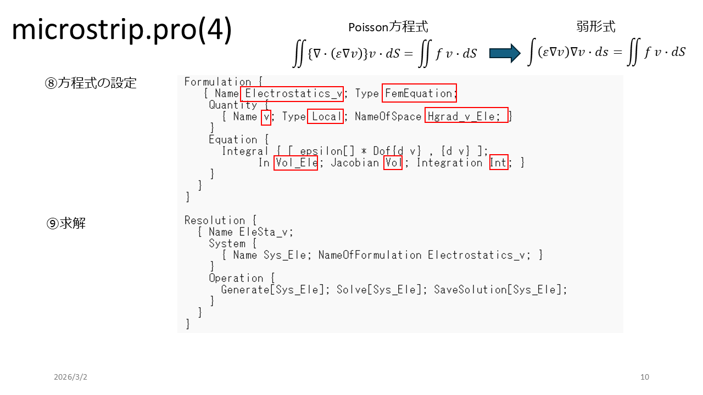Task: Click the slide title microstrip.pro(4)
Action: [x=121, y=31]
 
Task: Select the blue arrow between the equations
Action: [x=504, y=53]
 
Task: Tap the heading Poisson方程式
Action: [x=388, y=27]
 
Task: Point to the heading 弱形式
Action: [x=596, y=26]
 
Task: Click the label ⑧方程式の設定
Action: [x=91, y=83]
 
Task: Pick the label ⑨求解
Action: [x=66, y=224]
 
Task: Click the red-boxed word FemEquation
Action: [x=420, y=93]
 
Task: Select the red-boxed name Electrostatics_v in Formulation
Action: [x=293, y=93]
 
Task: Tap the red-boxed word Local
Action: [x=325, y=116]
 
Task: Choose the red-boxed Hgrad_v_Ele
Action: [x=466, y=116]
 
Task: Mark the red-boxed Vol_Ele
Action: [x=295, y=162]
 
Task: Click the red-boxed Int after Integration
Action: [x=498, y=162]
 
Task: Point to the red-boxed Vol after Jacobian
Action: [x=393, y=162]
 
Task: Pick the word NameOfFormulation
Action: [x=370, y=255]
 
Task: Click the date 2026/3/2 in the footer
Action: [x=70, y=377]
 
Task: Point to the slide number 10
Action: [x=645, y=377]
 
